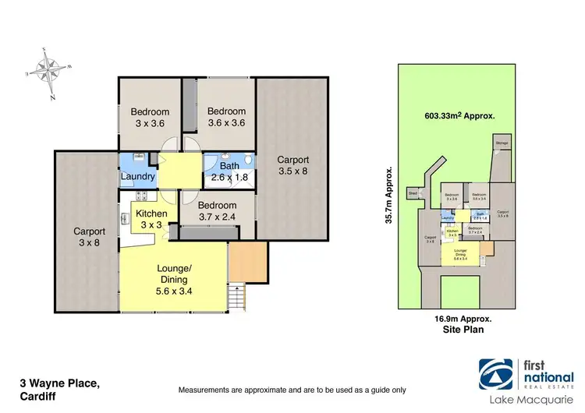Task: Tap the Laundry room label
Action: point(137,177)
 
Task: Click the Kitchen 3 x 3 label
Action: point(151,219)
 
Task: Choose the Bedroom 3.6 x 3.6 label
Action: point(226,117)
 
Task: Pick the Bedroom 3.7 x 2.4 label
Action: point(217,206)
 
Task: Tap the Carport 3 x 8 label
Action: point(89,237)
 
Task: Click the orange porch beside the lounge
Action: point(247,262)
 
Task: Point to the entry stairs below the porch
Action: point(238,296)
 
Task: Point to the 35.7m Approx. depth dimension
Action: point(388,195)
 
